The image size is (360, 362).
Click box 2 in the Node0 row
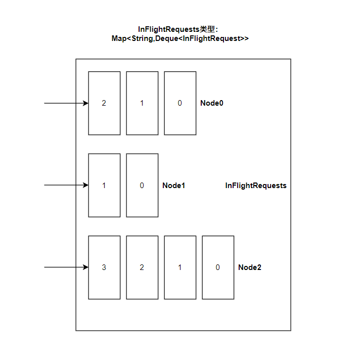(x=104, y=103)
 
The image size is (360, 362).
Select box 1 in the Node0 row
(x=142, y=103)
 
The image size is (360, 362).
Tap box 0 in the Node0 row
(x=180, y=103)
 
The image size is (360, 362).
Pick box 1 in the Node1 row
(x=104, y=186)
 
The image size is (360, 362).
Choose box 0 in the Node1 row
(x=142, y=186)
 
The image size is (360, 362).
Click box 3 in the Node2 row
(x=104, y=267)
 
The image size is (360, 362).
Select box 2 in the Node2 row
(x=142, y=267)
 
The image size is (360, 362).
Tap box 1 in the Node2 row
(x=180, y=267)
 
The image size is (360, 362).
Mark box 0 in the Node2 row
(x=218, y=267)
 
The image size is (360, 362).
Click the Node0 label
(x=212, y=103)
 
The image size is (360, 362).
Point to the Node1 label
(x=174, y=186)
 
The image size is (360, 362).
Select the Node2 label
(x=250, y=267)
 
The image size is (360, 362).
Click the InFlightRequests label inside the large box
(x=256, y=186)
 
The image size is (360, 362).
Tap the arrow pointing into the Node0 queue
(x=66, y=103)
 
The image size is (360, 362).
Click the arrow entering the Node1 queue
(x=66, y=185)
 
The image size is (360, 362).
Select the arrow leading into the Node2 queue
(x=66, y=267)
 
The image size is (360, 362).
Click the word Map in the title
(x=119, y=38)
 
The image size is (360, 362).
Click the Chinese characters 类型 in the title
(x=208, y=29)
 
